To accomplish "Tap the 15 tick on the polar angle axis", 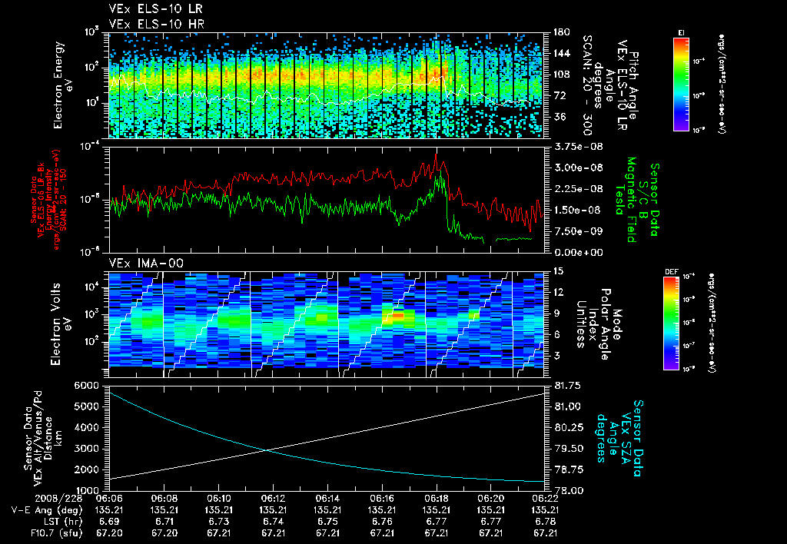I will (554, 271).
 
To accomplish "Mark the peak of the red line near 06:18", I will (437, 154).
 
